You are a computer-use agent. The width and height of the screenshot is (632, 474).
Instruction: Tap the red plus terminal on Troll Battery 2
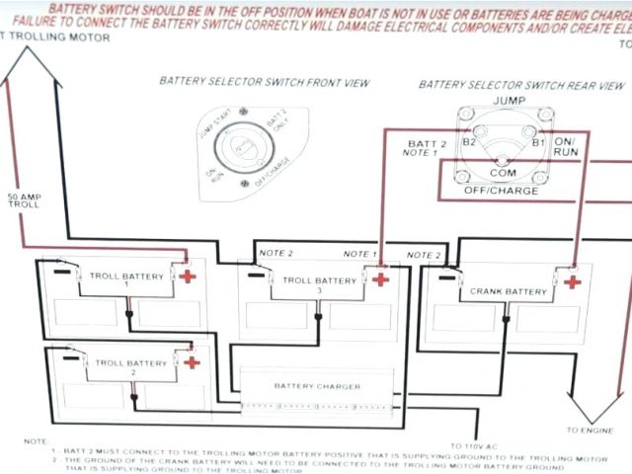pyautogui.click(x=192, y=362)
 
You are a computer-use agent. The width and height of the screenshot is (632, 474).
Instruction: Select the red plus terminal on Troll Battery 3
pyautogui.click(x=379, y=278)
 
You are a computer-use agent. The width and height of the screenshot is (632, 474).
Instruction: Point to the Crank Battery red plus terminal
pyautogui.click(x=572, y=282)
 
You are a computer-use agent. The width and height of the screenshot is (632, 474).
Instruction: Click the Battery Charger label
pyautogui.click(x=316, y=386)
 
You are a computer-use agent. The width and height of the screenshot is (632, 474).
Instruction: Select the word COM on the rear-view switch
pyautogui.click(x=503, y=173)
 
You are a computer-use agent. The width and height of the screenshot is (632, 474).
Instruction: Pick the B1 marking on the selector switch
pyautogui.click(x=539, y=142)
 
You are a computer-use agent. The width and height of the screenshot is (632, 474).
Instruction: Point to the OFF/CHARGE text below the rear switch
pyautogui.click(x=503, y=191)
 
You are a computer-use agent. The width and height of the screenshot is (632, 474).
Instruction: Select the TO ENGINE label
pyautogui.click(x=591, y=431)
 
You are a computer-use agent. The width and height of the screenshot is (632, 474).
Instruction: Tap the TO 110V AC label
pyautogui.click(x=472, y=446)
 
